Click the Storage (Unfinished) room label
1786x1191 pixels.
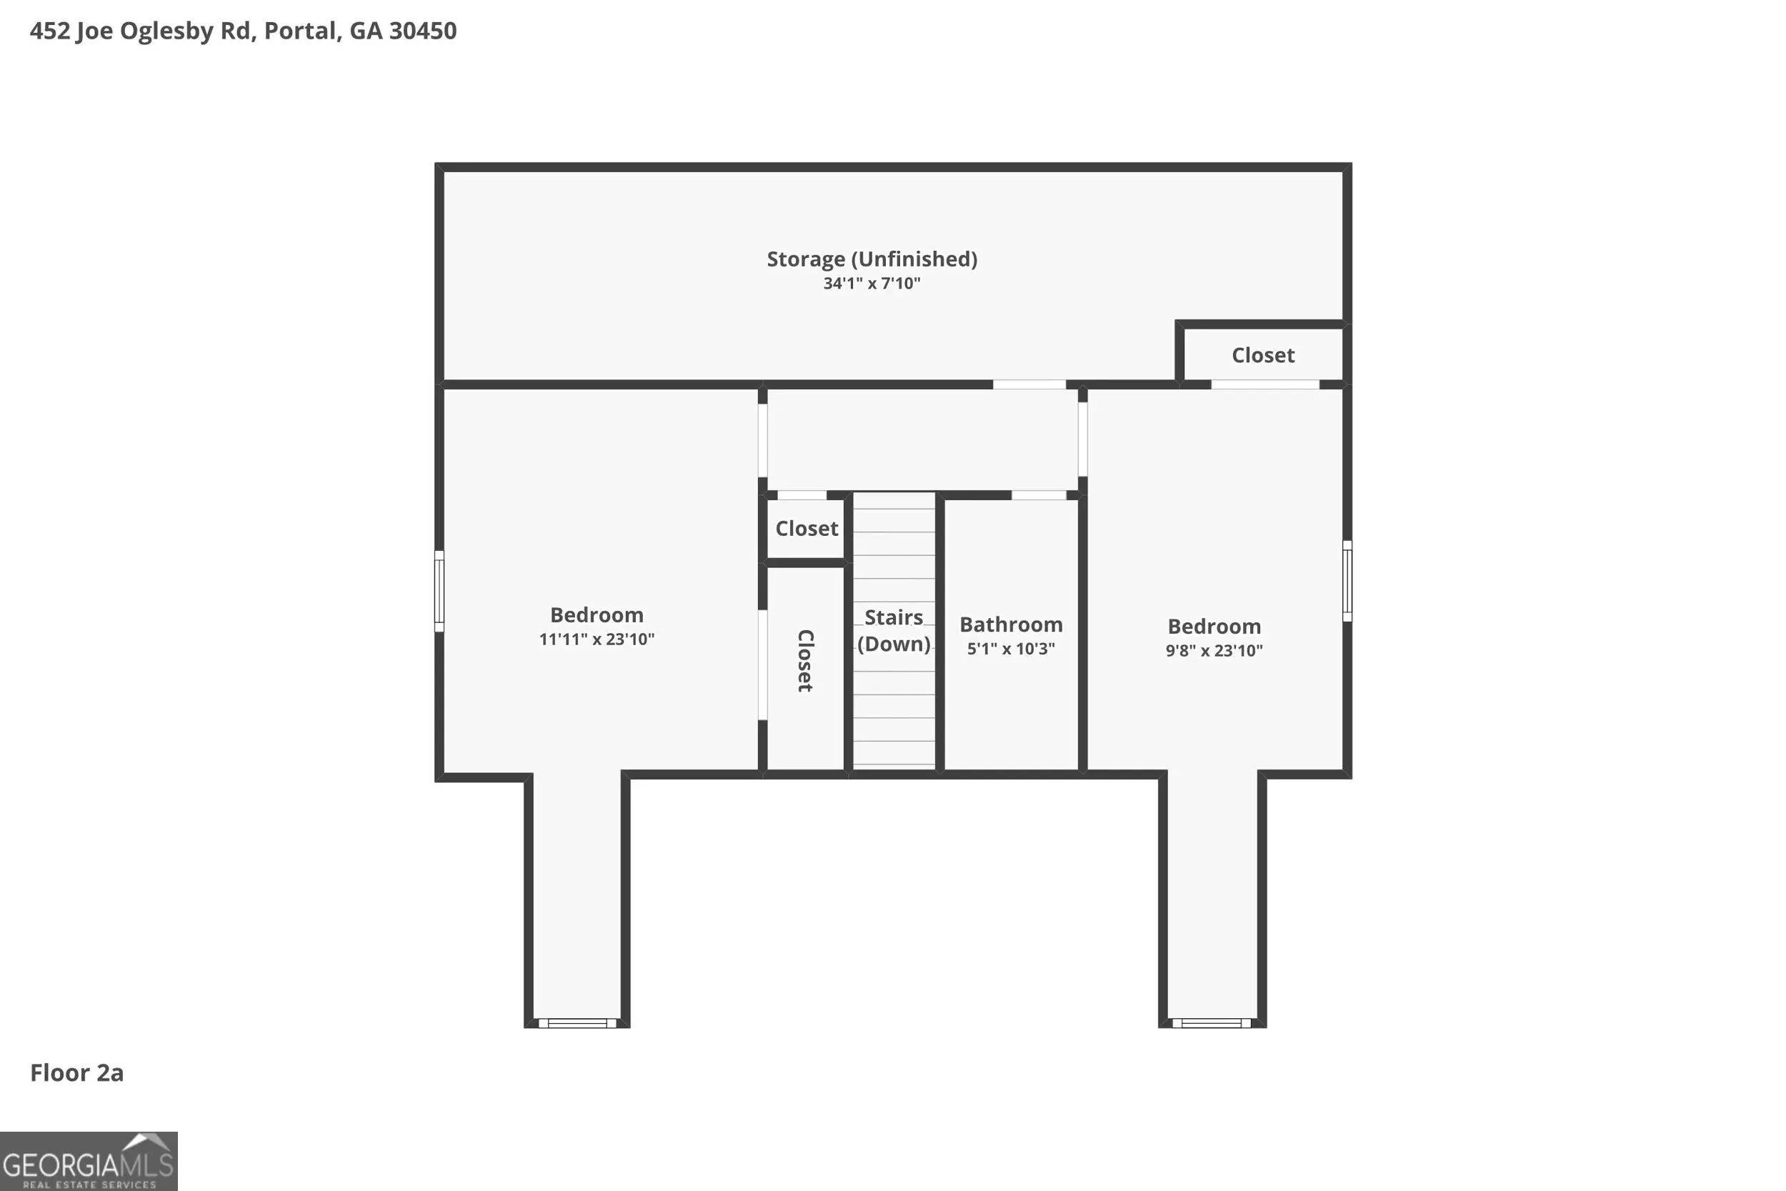(872, 260)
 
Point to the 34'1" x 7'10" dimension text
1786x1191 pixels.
(872, 284)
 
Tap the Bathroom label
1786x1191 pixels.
(1011, 624)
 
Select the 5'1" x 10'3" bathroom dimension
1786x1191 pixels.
(1011, 649)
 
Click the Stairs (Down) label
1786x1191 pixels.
(894, 630)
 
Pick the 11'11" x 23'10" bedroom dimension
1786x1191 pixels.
(597, 639)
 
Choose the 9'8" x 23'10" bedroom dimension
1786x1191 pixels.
(1214, 650)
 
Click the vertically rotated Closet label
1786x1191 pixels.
(805, 661)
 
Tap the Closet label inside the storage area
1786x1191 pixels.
(1263, 356)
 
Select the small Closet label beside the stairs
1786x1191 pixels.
(807, 529)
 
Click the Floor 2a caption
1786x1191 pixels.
(76, 1072)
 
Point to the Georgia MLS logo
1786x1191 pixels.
(89, 1162)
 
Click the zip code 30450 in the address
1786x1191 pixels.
(423, 31)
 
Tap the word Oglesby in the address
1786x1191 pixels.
(166, 32)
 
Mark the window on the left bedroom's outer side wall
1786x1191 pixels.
(439, 591)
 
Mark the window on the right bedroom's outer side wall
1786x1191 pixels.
(1347, 581)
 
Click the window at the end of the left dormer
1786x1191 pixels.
(577, 1023)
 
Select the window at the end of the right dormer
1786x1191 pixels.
(1211, 1023)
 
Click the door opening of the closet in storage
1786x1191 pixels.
(1265, 384)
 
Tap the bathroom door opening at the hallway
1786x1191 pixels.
(1039, 495)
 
